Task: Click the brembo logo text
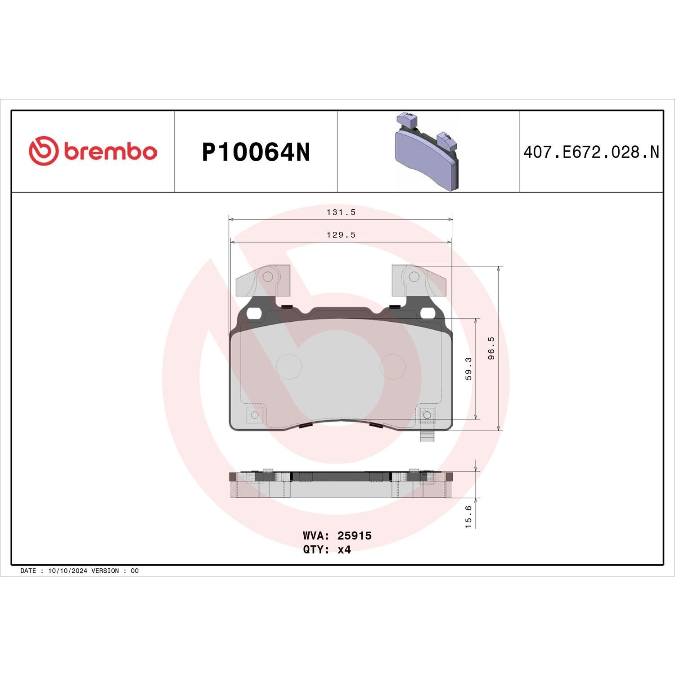pos(110,152)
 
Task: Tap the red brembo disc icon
pos(44,150)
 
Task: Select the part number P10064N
pos(256,153)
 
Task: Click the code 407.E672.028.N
pos(591,153)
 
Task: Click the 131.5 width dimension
pos(341,212)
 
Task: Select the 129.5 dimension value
pos(341,235)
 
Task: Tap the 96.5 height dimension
pos(491,348)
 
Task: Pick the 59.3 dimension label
pos(468,369)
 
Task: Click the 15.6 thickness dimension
pos(468,516)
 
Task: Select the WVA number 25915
pos(355,535)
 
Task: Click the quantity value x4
pos(344,549)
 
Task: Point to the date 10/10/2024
pos(67,571)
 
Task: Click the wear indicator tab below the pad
pos(426,436)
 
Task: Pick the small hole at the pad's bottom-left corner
pos(254,414)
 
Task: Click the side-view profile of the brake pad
pos(341,485)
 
